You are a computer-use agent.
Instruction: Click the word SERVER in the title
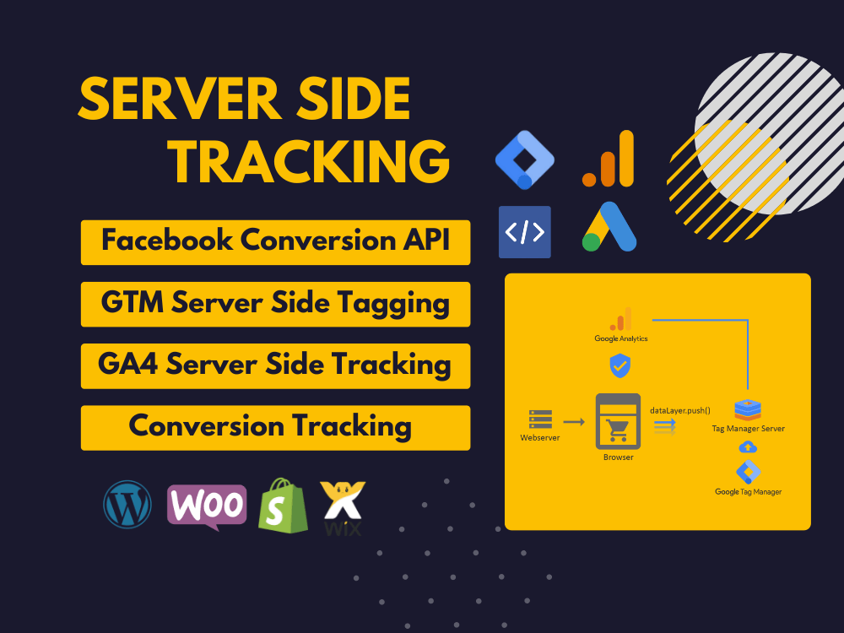tap(179, 99)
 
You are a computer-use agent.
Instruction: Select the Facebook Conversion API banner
tap(276, 242)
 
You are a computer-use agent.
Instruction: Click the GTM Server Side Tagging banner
tap(276, 304)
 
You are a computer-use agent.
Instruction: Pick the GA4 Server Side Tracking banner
tap(276, 366)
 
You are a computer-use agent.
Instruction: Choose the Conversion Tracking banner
tap(276, 428)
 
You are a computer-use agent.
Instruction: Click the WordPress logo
tap(127, 505)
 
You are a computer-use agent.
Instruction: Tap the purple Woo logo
tap(208, 506)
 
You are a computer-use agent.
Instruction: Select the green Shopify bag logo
tap(283, 506)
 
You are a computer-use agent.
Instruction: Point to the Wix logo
tap(343, 508)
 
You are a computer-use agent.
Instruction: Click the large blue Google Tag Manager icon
tap(525, 160)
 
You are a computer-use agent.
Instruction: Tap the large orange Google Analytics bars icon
tap(609, 159)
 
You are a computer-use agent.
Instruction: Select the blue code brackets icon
tap(525, 232)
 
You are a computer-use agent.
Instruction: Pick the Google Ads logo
tap(609, 226)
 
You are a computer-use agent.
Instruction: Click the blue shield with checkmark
tap(620, 365)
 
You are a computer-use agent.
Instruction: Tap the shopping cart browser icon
tap(618, 421)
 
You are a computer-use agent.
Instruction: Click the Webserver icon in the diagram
tap(540, 419)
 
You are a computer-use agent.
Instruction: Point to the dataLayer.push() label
tap(680, 411)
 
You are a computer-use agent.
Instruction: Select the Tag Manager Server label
tap(748, 429)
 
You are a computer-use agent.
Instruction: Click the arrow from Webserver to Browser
tap(574, 421)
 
